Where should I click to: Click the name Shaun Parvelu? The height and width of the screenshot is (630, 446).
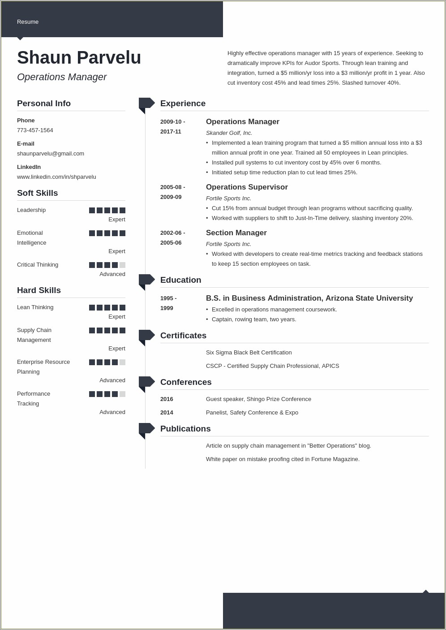coord(79,58)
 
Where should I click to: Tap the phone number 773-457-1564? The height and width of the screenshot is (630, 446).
coord(35,130)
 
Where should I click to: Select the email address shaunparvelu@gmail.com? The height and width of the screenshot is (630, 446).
coord(51,154)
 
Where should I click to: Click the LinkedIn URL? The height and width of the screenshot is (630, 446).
coord(56,177)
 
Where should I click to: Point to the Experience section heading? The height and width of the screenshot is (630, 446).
coord(183,104)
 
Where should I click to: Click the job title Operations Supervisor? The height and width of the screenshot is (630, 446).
coord(247,187)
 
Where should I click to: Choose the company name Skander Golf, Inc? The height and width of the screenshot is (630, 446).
coord(229,133)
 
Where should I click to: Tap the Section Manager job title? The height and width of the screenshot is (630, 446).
coord(236,233)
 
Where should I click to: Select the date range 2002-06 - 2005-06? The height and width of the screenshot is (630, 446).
coord(172,237)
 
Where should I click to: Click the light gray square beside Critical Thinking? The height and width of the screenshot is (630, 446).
coord(122,265)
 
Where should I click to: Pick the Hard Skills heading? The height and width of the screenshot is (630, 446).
coord(39,290)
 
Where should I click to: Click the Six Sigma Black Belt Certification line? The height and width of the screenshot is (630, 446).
coord(249,353)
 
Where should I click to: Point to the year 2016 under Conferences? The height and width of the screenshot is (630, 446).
coord(167,399)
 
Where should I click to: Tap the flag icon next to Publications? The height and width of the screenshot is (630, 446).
coord(146,429)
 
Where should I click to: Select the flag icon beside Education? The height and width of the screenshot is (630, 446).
coord(146,280)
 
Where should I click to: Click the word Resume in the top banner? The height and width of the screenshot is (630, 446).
coord(28,22)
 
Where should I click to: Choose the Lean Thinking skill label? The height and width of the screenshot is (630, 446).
coord(35,307)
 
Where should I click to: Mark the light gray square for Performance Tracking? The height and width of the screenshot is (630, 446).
coord(122,394)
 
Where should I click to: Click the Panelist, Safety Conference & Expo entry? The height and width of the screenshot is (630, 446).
coord(252,413)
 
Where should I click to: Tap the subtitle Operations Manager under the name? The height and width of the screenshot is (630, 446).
coord(62,77)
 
